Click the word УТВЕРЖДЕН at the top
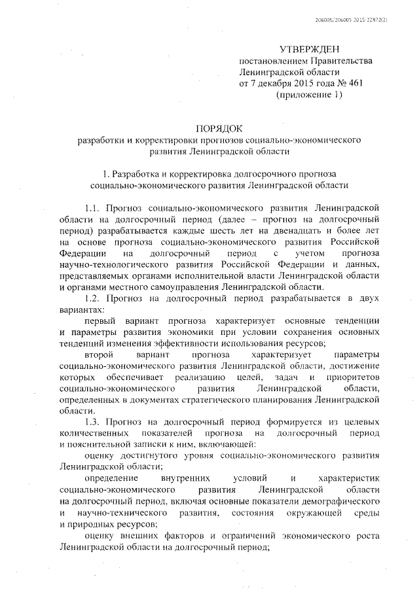[x=310, y=49]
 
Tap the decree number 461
[x=354, y=83]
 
